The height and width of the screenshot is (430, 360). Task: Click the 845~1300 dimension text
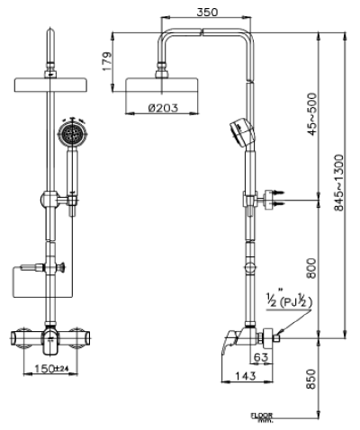click(338, 185)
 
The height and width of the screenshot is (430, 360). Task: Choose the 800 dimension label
click(312, 268)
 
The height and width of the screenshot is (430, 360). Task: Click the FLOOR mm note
click(263, 417)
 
